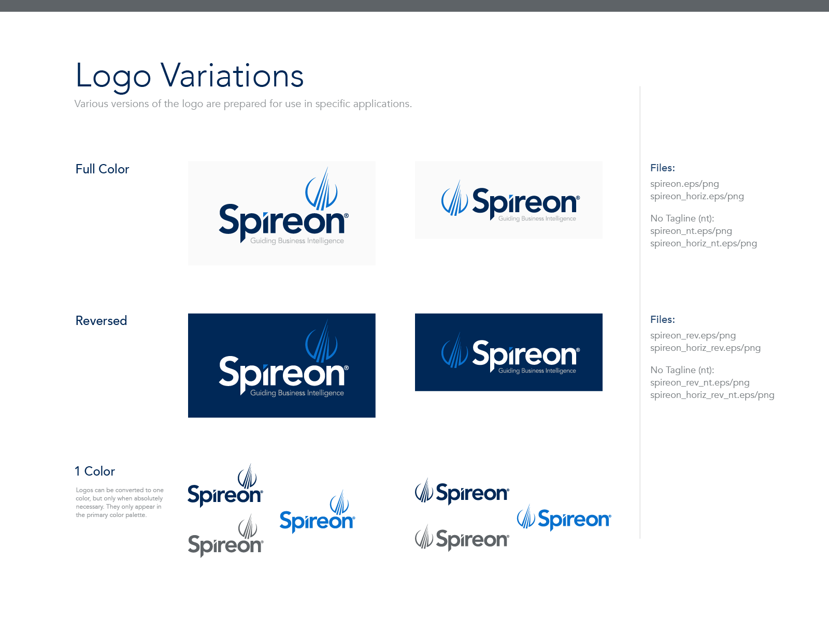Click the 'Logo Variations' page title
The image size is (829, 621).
[x=190, y=77]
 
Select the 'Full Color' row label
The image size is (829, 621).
[x=103, y=169]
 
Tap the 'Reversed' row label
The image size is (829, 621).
[x=101, y=320]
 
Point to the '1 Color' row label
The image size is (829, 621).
[x=95, y=471]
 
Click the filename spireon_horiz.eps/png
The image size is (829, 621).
[x=697, y=197]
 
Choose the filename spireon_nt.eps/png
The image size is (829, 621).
[x=691, y=231]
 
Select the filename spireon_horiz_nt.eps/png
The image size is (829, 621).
[x=704, y=244]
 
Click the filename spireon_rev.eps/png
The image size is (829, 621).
[x=693, y=335]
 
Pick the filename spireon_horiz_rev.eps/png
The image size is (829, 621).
[x=706, y=348]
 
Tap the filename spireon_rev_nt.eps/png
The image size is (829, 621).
[x=700, y=383]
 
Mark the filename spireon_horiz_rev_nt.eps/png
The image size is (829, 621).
[x=712, y=395]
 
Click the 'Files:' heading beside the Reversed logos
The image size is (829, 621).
[x=663, y=319]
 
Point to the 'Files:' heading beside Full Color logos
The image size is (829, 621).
[x=663, y=168]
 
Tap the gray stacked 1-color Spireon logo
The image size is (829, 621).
[x=226, y=536]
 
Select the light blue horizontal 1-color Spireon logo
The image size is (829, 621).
[x=564, y=518]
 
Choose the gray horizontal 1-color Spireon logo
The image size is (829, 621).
[x=462, y=538]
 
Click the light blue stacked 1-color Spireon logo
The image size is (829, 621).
[x=317, y=512]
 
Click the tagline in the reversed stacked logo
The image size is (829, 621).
[x=297, y=393]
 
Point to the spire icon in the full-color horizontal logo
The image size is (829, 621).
[x=454, y=198]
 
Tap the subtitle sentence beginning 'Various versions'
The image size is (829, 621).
[x=243, y=103]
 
